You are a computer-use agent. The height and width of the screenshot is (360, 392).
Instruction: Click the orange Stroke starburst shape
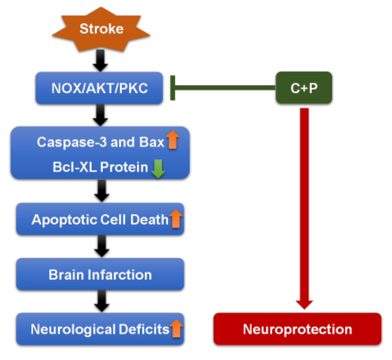(101, 29)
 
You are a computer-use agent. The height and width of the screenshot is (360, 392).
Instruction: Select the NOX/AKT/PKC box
(99, 88)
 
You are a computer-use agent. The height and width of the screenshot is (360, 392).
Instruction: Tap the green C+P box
(304, 88)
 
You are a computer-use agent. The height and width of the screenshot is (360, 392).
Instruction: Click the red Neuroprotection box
(297, 329)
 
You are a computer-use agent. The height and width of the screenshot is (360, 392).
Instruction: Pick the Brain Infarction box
(100, 274)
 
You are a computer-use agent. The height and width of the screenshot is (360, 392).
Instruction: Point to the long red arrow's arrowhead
(304, 304)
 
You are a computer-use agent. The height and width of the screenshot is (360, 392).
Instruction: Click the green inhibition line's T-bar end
(172, 88)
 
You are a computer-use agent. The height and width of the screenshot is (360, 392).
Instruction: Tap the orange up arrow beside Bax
(172, 140)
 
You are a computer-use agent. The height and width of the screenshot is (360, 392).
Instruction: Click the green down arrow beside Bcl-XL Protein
(158, 168)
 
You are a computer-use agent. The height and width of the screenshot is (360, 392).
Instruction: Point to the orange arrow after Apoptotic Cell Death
(176, 218)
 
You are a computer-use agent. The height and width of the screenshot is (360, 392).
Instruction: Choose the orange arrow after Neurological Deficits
(176, 328)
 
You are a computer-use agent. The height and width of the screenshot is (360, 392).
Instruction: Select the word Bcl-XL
(75, 167)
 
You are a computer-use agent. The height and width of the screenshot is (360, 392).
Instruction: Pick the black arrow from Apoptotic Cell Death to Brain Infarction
(102, 246)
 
